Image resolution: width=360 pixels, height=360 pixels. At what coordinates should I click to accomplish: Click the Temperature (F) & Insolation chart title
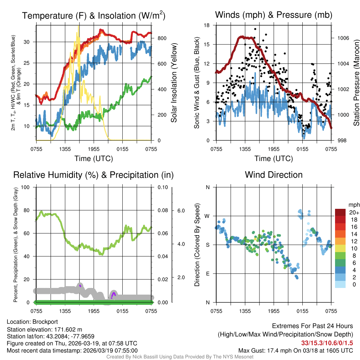pyautogui.click(x=94, y=15)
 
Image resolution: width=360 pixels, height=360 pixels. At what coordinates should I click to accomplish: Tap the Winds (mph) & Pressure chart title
pyautogui.click(x=274, y=15)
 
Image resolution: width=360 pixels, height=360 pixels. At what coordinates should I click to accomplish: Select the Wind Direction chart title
pyautogui.click(x=274, y=175)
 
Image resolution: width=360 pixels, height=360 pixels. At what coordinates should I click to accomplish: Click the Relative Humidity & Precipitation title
pyautogui.click(x=94, y=175)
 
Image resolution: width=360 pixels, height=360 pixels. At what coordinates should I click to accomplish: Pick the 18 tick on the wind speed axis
pyautogui.click(x=207, y=25)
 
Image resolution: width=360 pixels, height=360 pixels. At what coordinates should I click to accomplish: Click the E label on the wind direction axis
pyautogui.click(x=208, y=274)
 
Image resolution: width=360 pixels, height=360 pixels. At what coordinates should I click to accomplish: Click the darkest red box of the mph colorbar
pyautogui.click(x=341, y=212)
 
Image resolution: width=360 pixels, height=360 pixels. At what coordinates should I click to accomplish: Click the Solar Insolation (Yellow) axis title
pyautogui.click(x=174, y=83)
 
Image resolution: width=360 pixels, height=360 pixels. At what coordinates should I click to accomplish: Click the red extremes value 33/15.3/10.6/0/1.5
pyautogui.click(x=327, y=342)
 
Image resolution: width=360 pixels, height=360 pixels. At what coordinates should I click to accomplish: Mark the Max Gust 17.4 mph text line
pyautogui.click(x=296, y=350)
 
